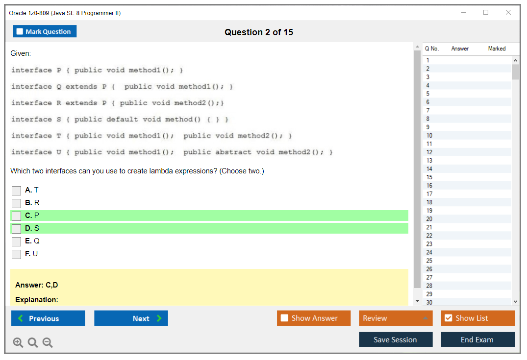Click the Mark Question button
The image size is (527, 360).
click(45, 31)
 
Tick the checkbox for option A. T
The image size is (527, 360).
click(17, 191)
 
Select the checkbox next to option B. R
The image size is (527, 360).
click(17, 203)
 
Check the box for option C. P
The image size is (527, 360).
click(17, 216)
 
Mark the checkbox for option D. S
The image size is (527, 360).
click(17, 229)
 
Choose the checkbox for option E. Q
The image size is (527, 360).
click(17, 241)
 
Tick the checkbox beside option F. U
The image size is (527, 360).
click(17, 254)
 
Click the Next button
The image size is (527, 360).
click(131, 318)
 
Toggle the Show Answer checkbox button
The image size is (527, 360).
click(314, 318)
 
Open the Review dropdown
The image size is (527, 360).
click(396, 318)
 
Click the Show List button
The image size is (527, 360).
click(478, 318)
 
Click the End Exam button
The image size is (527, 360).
click(478, 339)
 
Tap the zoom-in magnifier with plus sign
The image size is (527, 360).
click(18, 342)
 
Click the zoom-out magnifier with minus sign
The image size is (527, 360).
click(48, 342)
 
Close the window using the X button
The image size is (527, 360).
click(508, 12)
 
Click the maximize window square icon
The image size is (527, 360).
click(486, 12)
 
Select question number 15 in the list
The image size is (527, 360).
click(429, 177)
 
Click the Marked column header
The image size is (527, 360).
click(497, 48)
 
